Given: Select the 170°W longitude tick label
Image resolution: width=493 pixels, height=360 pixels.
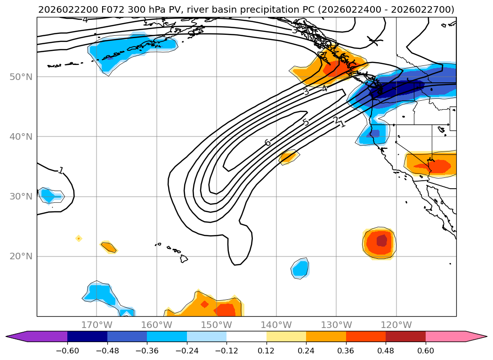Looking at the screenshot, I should click(x=97, y=325).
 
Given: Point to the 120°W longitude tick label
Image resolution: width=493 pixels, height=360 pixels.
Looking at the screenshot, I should click(x=396, y=325).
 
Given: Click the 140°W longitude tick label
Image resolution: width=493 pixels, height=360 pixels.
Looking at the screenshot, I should click(x=276, y=325).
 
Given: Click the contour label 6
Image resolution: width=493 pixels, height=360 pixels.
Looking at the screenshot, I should click(x=267, y=143).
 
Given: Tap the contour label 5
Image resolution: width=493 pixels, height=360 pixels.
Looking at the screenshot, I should click(x=306, y=123).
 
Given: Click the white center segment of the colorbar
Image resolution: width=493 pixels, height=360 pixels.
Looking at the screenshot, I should click(x=246, y=336).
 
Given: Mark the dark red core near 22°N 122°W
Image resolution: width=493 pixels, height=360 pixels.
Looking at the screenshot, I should click(x=381, y=241).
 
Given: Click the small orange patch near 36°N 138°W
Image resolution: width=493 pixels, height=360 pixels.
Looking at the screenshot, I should click(x=289, y=157).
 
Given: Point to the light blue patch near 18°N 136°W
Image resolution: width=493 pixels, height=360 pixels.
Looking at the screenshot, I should click(x=300, y=268).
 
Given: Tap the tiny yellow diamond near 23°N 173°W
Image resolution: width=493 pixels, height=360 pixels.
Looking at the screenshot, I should click(x=79, y=238).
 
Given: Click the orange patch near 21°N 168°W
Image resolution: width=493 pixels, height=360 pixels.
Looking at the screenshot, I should click(x=109, y=246).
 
